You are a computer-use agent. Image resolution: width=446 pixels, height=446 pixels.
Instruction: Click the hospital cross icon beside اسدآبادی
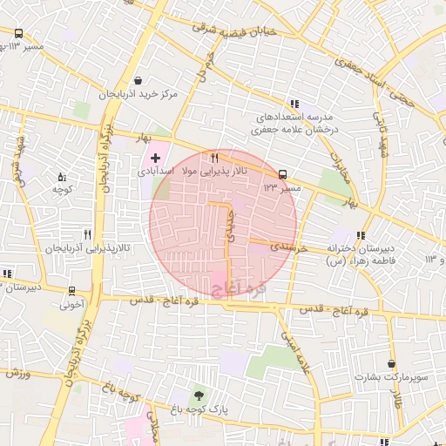click(x=155, y=158)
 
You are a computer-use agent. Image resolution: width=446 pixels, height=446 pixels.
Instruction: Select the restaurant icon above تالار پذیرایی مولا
click(x=214, y=158)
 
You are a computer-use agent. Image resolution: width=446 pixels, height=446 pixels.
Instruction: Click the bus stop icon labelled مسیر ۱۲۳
click(x=281, y=174)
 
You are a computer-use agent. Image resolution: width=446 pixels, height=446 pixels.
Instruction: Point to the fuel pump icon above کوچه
click(x=61, y=176)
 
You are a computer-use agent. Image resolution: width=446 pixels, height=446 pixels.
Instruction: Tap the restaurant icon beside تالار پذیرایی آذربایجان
click(x=87, y=234)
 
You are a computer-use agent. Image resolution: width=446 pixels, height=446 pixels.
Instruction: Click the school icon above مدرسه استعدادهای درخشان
click(x=294, y=102)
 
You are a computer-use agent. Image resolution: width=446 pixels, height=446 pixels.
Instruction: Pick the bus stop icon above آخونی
click(x=71, y=292)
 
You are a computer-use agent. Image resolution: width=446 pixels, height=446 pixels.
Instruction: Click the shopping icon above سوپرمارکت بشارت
click(x=392, y=362)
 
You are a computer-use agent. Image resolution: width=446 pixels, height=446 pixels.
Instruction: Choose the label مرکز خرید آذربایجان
click(x=138, y=93)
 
